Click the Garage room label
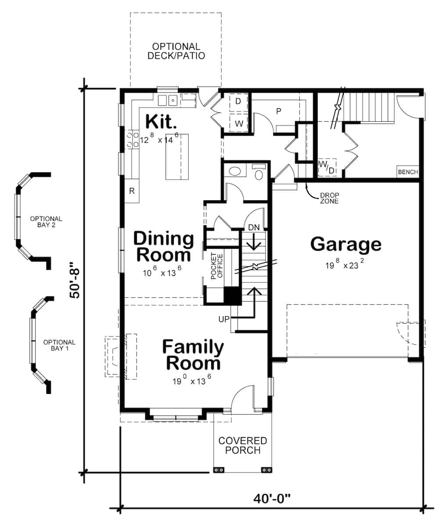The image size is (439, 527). [345, 244]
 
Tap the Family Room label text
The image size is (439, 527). [193, 355]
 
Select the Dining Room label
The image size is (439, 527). [163, 247]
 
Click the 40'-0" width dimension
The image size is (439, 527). [272, 499]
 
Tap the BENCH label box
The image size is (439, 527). [408, 172]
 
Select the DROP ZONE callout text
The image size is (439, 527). [329, 198]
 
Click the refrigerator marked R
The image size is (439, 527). [132, 191]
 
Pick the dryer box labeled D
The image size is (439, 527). [238, 101]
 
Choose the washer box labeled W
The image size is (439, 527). [238, 123]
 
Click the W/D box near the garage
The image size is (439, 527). [327, 167]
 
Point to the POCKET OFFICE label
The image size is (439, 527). [217, 266]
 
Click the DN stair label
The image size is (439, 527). [254, 227]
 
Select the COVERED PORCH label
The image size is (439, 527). [242, 445]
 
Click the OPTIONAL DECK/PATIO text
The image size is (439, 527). [176, 51]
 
